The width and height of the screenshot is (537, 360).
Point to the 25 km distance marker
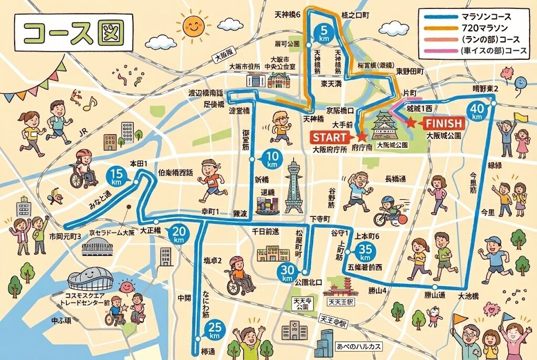(214, 330)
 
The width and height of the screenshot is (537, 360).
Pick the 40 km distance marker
(477, 111)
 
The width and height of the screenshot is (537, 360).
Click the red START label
(330, 137)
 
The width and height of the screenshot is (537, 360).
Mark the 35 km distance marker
(365, 254)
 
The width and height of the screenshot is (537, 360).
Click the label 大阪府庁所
(330, 149)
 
